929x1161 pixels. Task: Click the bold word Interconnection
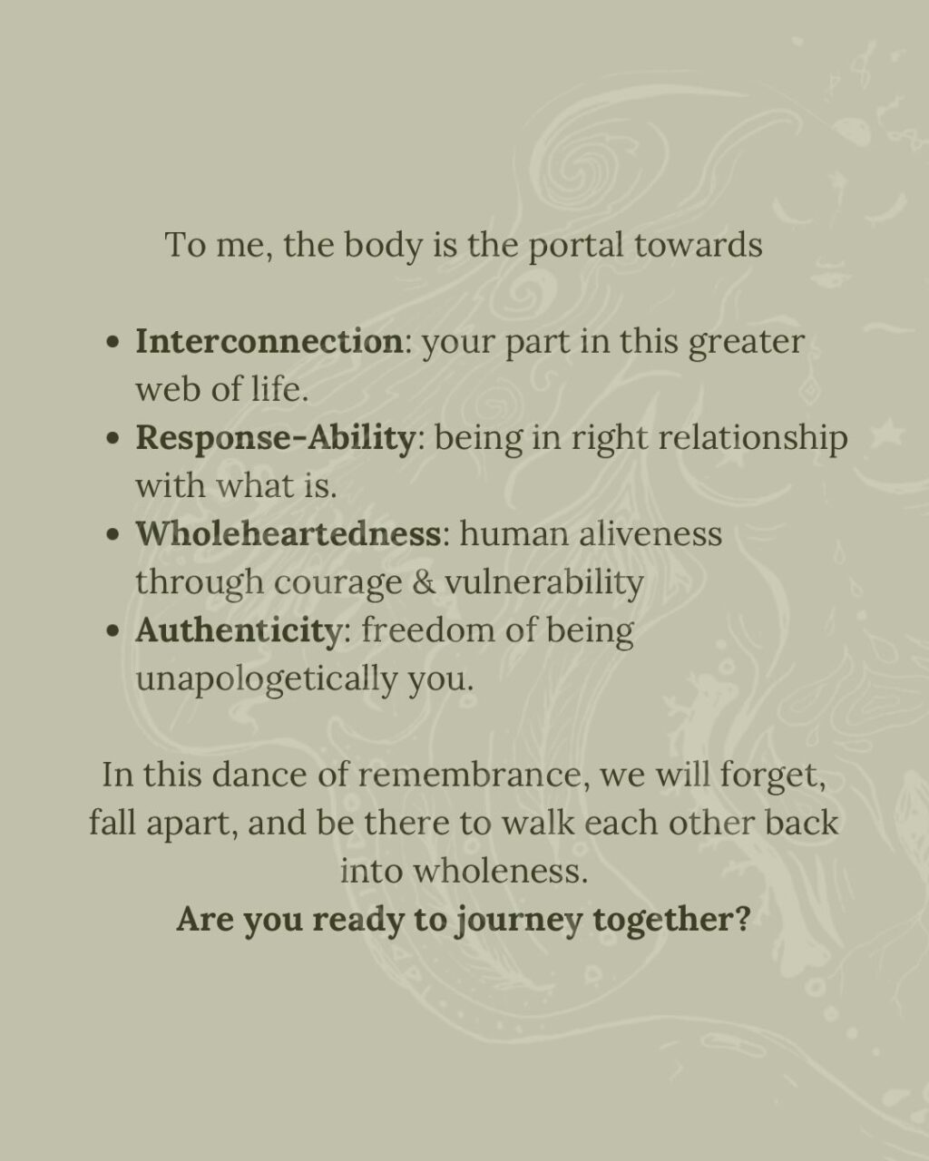pos(269,342)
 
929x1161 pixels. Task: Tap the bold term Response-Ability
pos(275,437)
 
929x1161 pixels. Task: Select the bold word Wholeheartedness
pos(288,533)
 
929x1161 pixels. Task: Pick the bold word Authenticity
pos(238,630)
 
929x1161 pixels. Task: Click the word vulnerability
pos(544,582)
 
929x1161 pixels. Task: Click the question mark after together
pos(743,919)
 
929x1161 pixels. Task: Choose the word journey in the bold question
pos(518,921)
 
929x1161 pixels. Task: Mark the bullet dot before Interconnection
pos(112,343)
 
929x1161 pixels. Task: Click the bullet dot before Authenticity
pos(112,631)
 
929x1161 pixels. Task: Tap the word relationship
pos(753,439)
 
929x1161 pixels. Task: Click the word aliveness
pos(650,533)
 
